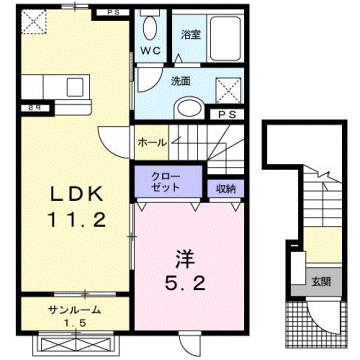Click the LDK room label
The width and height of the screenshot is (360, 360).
(69, 191)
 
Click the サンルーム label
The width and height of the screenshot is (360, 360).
(68, 310)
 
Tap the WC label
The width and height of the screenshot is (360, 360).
(152, 50)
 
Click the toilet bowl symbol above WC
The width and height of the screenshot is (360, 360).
(150, 28)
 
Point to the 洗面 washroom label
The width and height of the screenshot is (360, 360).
(180, 80)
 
